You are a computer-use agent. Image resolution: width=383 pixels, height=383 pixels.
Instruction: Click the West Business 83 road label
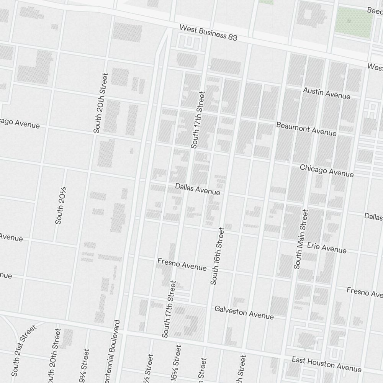208,33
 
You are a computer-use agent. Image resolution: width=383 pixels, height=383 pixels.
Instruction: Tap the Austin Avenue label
326,93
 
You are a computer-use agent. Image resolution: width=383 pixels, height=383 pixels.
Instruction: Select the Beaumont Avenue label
306,129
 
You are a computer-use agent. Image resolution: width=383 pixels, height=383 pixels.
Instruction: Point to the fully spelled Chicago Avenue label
326,171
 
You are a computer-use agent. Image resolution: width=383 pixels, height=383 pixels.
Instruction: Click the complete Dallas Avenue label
197,189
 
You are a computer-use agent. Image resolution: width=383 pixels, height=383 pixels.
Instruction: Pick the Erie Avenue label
326,248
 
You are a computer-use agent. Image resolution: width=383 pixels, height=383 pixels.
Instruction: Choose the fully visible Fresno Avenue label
182,264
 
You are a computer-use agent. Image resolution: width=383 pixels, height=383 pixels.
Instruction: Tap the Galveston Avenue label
244,313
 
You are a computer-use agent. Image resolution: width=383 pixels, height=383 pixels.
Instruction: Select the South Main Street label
301,239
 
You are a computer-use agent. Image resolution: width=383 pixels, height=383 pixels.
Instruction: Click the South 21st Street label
24,350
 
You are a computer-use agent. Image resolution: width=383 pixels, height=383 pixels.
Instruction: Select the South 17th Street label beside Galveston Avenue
169,309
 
